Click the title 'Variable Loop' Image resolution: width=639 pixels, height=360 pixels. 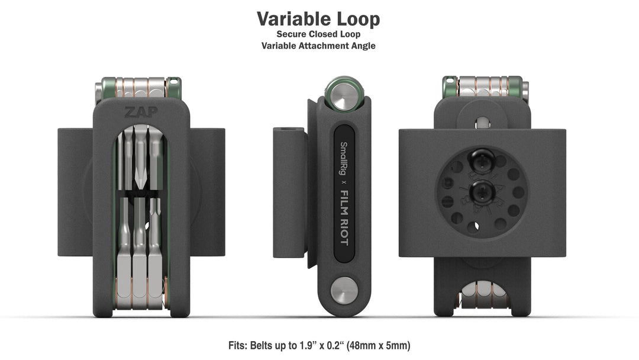(318, 19)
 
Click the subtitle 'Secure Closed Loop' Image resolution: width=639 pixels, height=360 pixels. (318, 34)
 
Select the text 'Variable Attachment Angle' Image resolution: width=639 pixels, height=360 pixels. (318, 46)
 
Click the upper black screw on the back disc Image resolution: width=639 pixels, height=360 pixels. (480, 160)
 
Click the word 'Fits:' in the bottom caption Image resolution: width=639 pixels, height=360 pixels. (240, 345)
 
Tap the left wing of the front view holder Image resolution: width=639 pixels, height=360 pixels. (75, 192)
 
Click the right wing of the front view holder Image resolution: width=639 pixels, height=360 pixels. (206, 192)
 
